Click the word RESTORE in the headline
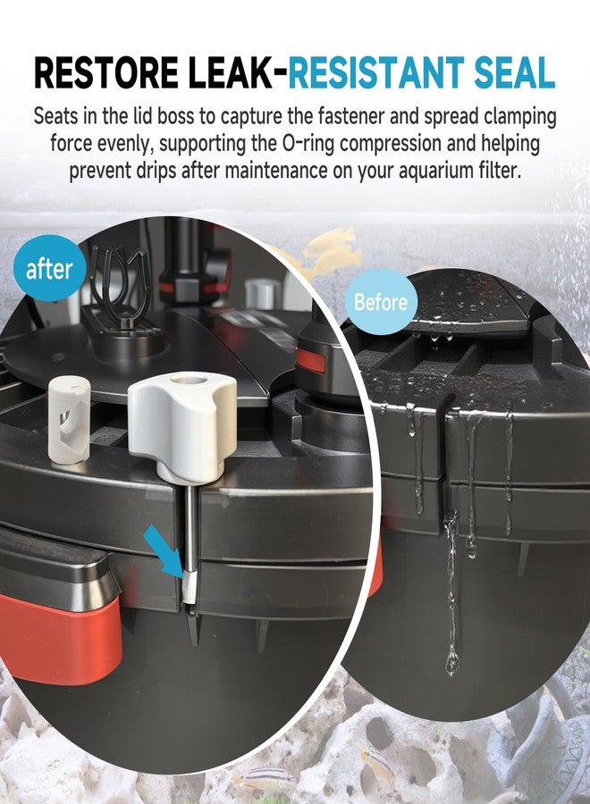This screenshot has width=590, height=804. point(106,72)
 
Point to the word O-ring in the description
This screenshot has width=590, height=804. point(307,144)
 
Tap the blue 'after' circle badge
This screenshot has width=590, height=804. point(49,268)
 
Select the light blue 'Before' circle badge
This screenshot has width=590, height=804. point(381,302)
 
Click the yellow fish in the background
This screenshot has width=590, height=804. point(331,249)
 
